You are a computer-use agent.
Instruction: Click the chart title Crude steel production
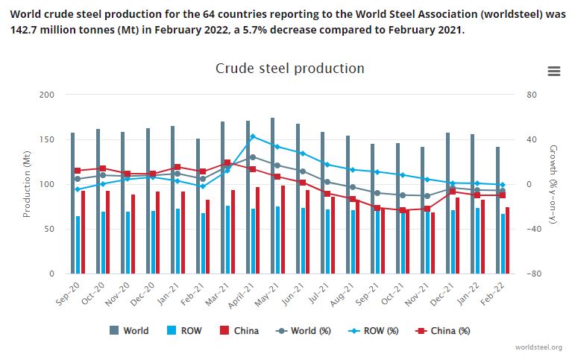[289, 69]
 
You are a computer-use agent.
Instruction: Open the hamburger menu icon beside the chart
[553, 71]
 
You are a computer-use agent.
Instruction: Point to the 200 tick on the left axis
[47, 95]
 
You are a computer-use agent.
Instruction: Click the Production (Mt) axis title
[27, 184]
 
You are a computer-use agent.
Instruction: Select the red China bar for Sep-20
[83, 231]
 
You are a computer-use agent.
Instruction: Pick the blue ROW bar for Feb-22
[503, 244]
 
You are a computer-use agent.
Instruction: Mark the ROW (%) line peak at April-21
[253, 136]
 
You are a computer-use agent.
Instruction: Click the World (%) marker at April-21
[253, 157]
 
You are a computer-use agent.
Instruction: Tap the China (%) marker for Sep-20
[78, 171]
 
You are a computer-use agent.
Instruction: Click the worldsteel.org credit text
[538, 347]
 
